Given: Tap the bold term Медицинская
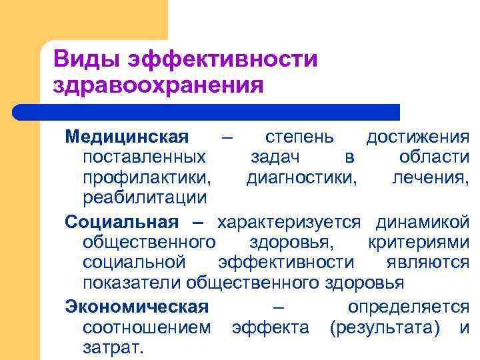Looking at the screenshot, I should (127, 137).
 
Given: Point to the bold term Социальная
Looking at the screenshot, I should (121, 222).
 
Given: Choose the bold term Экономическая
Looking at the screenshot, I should (137, 307).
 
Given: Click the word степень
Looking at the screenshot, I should (296, 137).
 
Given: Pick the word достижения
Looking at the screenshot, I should (418, 137).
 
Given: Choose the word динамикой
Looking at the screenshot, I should (423, 222).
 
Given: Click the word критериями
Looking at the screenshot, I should (418, 242).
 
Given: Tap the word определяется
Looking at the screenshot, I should (408, 307).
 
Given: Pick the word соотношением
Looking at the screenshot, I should (147, 328).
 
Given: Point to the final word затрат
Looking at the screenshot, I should (113, 348).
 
